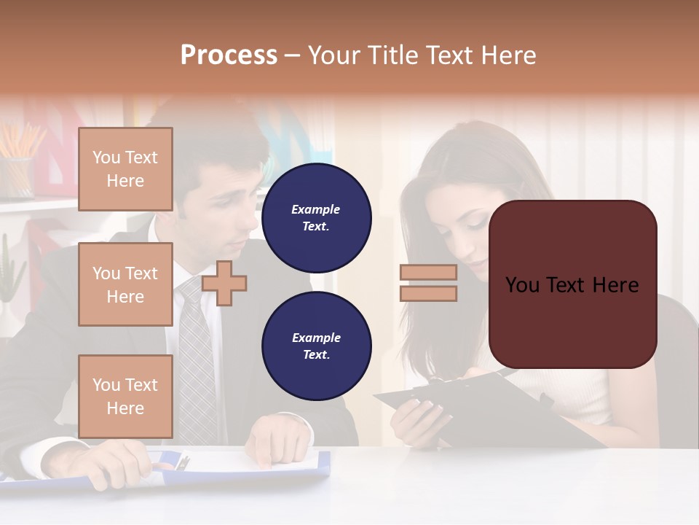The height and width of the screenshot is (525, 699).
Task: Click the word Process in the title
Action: click(x=229, y=55)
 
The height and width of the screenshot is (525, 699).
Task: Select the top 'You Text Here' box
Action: click(x=125, y=169)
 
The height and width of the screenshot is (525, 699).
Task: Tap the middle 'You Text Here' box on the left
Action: click(x=125, y=284)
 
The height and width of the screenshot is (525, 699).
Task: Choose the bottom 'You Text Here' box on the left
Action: click(x=125, y=397)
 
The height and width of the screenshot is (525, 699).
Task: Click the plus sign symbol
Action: click(x=224, y=283)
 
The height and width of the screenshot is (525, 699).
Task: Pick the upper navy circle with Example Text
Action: click(x=316, y=217)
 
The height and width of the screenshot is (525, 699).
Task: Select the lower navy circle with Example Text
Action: click(x=316, y=346)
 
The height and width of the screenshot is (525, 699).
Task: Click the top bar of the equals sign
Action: click(x=428, y=273)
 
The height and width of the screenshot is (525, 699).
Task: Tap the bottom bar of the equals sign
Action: click(x=428, y=294)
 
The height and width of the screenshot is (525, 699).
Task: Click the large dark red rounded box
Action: click(x=572, y=284)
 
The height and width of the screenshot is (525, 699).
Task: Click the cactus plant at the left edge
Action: click(x=9, y=270)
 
